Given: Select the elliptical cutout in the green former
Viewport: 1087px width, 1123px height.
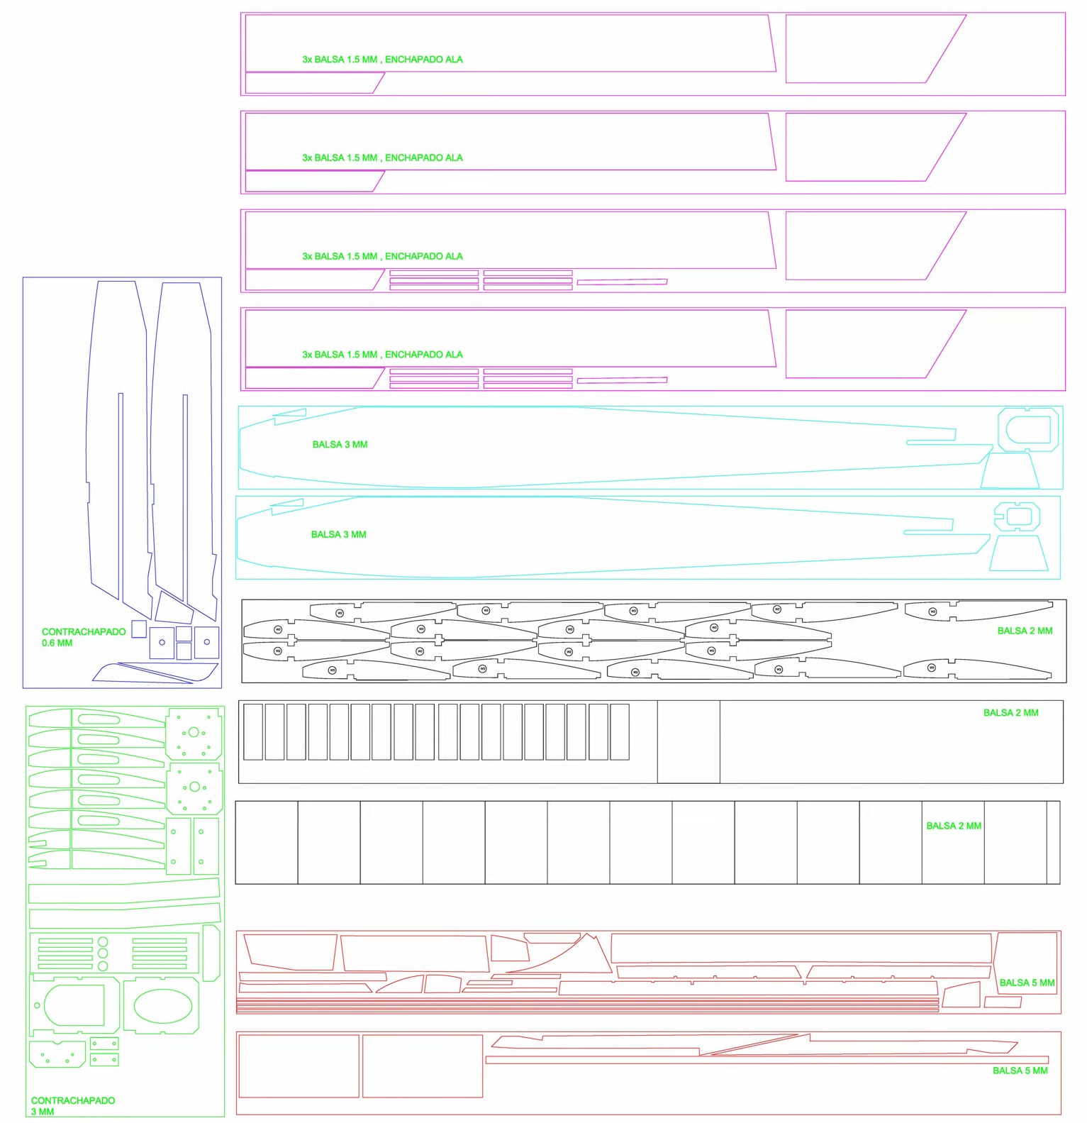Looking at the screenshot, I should (162, 1005).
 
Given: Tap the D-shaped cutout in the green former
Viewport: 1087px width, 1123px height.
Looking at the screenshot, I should (74, 1005).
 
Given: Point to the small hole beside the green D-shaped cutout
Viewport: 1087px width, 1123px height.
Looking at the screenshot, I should (37, 1005).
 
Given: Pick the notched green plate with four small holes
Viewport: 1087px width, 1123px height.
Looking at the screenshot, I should (57, 1054).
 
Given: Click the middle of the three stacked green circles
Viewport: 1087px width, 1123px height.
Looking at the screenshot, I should (103, 954).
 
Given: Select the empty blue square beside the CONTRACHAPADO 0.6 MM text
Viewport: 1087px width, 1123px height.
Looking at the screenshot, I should (139, 629).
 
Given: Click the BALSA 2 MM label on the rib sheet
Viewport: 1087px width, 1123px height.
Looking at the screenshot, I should (1025, 631).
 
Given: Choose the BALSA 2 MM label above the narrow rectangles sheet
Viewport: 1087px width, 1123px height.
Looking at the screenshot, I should (1010, 713).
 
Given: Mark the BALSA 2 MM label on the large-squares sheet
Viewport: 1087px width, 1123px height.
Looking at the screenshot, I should (954, 826).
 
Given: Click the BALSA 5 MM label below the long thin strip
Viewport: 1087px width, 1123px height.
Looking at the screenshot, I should (1020, 1071).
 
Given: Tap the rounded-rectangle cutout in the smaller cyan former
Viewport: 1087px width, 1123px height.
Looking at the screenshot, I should (1018, 516).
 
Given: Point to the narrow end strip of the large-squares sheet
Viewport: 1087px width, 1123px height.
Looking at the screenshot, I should (1053, 842).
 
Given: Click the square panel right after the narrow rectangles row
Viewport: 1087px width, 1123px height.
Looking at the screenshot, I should (688, 741).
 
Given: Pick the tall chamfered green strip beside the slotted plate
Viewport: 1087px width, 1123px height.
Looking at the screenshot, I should (211, 953).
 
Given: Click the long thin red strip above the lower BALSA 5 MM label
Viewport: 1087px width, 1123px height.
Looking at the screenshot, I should (766, 1060).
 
